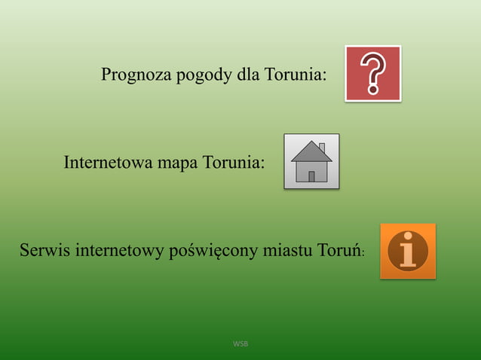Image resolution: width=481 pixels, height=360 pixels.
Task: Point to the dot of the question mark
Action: (373, 90)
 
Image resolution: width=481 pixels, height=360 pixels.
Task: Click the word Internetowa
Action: (109, 162)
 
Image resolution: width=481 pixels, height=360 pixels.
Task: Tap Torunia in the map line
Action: (233, 162)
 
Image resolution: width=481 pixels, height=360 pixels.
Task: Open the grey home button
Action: (311, 161)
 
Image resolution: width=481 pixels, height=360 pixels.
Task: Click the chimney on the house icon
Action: (322, 147)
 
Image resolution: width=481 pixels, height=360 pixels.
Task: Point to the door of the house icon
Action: (311, 176)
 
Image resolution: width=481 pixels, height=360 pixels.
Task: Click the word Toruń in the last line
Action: (339, 249)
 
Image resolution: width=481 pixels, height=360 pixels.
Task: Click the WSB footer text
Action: (240, 344)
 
